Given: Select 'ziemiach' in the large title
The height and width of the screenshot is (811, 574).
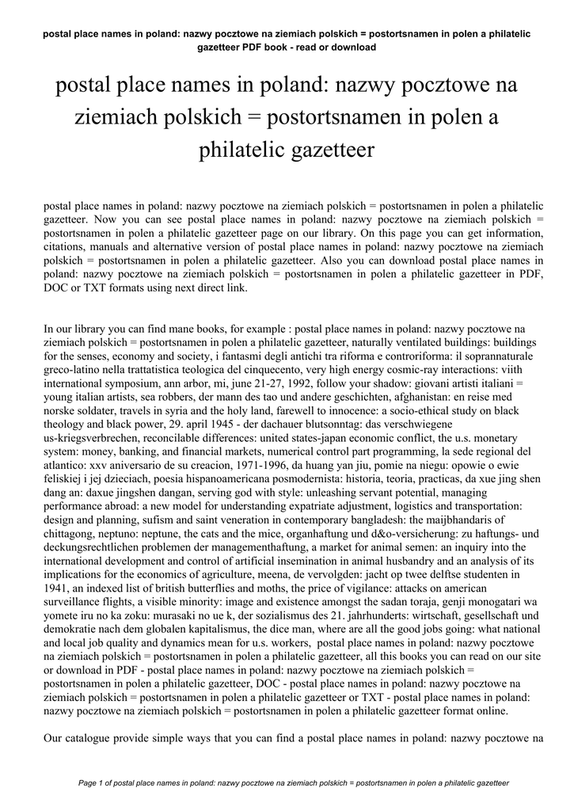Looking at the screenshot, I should tap(112, 117).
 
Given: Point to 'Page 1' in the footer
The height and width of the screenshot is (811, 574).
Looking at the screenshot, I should tap(95, 782).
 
